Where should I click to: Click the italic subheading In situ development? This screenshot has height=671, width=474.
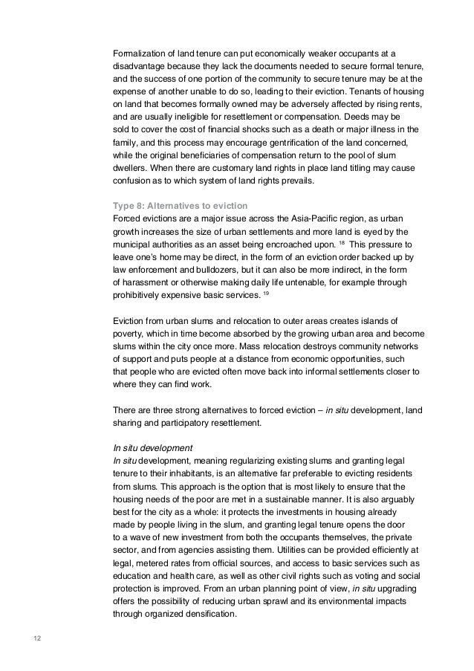[x=152, y=447]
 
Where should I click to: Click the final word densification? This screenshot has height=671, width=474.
[x=210, y=614]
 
